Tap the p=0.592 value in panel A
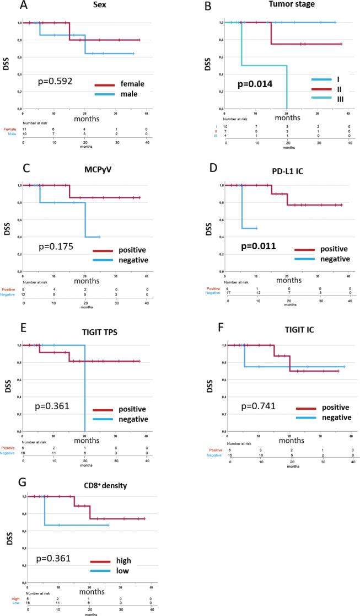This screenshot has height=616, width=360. (x=56, y=82)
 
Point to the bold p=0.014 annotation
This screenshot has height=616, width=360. (x=254, y=84)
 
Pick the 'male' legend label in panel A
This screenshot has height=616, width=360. (x=123, y=94)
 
